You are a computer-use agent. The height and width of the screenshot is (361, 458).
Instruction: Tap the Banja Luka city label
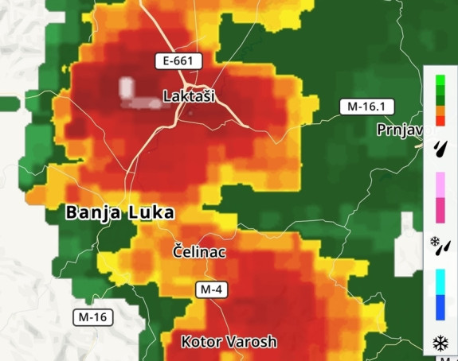pos(119,212)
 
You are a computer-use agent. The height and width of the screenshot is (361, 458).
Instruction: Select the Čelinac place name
pos(200,251)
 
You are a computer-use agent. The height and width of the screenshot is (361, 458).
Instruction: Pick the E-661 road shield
pos(178,60)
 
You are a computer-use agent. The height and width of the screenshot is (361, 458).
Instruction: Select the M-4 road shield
pos(211,289)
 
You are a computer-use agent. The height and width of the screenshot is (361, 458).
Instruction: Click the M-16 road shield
pos(93,317)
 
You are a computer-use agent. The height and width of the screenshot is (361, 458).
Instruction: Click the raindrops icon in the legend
pos(440,148)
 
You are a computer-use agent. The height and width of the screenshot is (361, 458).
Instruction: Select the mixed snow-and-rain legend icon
pos(440,244)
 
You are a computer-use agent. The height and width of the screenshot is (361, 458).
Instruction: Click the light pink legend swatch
pos(440,184)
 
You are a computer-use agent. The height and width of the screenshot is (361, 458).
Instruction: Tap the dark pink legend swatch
pos(440,209)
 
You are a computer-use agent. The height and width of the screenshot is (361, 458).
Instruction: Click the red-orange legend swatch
pos(440,119)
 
